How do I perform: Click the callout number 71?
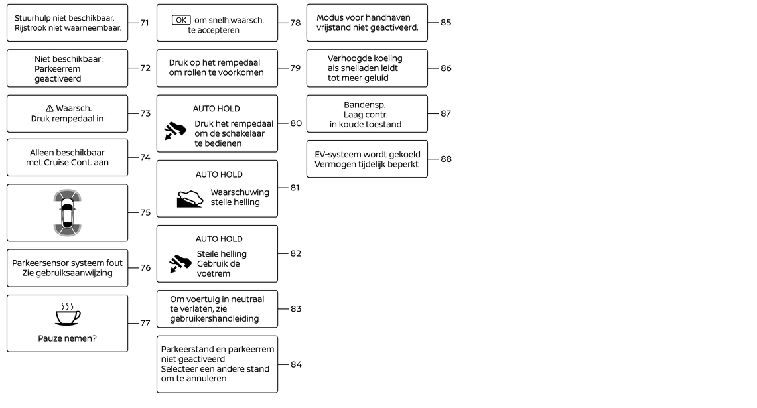point(145,23)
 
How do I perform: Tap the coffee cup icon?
point(67,315)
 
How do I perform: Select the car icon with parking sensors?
point(67,213)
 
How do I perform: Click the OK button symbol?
point(180,20)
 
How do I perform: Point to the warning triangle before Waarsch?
point(50,108)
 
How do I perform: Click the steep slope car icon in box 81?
point(190,198)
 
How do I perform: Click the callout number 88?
point(446,159)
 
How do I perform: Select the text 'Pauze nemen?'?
point(67,339)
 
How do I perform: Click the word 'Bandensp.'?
point(365,105)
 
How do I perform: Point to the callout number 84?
point(296,364)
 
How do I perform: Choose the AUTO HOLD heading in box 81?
point(219,175)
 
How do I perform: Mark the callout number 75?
point(145,213)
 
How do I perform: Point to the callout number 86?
point(446,68)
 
